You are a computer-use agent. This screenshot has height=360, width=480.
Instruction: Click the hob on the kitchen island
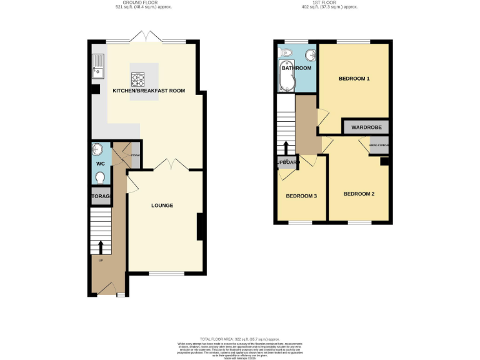[x=137, y=79]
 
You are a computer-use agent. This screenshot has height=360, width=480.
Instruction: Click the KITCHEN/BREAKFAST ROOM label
[x=149, y=91]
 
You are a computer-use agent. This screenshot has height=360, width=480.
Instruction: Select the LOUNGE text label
[x=162, y=206]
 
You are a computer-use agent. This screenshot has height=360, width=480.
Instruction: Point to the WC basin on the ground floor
[x=100, y=150]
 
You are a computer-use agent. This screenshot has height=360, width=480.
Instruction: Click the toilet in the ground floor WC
[x=101, y=177]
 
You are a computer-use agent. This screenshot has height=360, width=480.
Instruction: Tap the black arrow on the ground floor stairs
[x=101, y=246]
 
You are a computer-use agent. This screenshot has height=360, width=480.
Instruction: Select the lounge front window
[x=167, y=273]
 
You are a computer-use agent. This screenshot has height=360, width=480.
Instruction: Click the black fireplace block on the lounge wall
[x=200, y=227]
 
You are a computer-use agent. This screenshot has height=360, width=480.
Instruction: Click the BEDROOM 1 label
[x=354, y=79]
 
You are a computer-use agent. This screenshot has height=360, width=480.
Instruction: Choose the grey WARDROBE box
[x=366, y=127]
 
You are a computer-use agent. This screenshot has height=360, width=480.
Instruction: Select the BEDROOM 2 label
[x=359, y=194]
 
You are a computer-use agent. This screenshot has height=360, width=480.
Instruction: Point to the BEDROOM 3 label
[x=301, y=196]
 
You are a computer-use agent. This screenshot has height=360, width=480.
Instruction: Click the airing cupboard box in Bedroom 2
[x=379, y=146]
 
